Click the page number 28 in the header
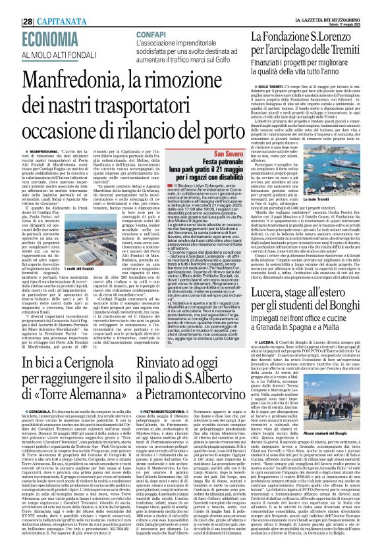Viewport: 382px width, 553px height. click(x=10, y=6)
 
